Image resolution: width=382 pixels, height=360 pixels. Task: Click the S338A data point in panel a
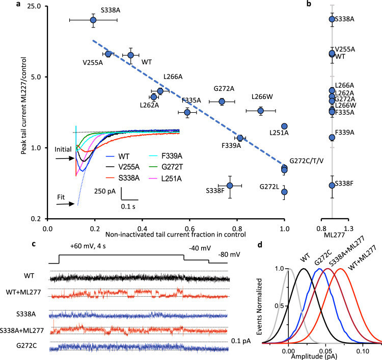(93, 20)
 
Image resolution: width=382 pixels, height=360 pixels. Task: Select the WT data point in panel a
(131, 55)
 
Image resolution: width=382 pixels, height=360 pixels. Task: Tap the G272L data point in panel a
(284, 192)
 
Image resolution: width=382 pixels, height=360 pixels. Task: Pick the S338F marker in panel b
(332, 185)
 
